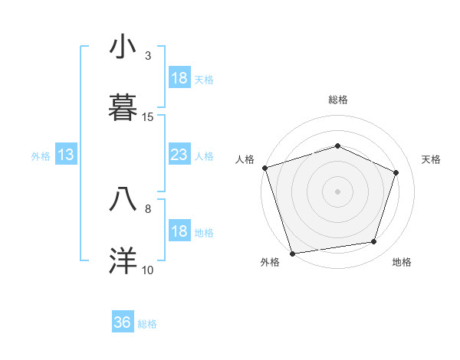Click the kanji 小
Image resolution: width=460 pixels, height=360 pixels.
[x=123, y=48]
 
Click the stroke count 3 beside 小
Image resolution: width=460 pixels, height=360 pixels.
[x=148, y=56]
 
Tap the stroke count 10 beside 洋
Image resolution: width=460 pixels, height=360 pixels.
[x=148, y=270]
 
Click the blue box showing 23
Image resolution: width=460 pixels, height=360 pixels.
[x=179, y=155]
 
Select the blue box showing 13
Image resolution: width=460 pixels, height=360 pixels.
[x=66, y=155]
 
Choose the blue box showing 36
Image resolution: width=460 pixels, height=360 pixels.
[x=123, y=322]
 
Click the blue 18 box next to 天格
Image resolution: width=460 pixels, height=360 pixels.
[x=179, y=78]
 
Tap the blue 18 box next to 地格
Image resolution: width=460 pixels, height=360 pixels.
[x=179, y=231]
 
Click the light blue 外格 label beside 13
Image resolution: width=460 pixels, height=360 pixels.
[x=41, y=156]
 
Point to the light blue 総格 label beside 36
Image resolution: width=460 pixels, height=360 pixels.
[x=147, y=324]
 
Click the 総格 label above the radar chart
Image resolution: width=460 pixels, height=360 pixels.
[x=338, y=100]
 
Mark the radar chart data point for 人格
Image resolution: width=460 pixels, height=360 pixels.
[x=264, y=168]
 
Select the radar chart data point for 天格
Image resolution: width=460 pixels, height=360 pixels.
[x=396, y=172]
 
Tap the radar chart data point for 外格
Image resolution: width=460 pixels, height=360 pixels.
[x=292, y=253]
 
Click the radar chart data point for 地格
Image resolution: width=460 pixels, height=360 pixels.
[x=374, y=241]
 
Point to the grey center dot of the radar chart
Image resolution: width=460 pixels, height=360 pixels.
[x=338, y=191]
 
